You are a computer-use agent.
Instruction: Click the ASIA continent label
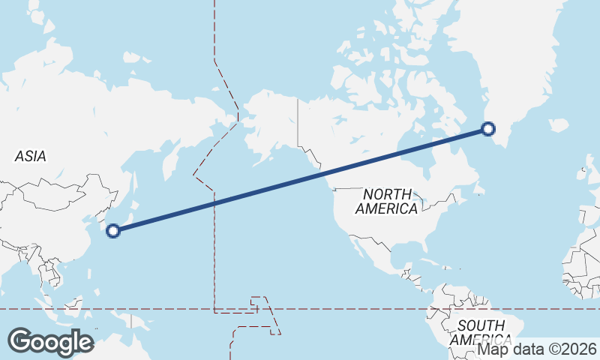31,156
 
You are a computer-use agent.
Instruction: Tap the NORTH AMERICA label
387,201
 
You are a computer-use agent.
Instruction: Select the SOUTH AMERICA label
480,331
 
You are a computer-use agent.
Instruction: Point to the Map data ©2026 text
537,349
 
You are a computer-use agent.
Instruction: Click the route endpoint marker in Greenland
488,129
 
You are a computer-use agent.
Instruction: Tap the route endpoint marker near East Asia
113,230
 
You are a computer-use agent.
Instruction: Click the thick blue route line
300,180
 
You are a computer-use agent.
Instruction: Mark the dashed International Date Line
215,247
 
